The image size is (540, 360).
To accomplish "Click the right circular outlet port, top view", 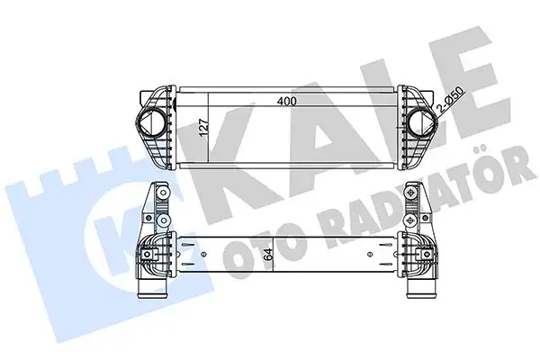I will pos(419,123).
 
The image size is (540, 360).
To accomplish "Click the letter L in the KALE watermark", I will pos(396,99).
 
